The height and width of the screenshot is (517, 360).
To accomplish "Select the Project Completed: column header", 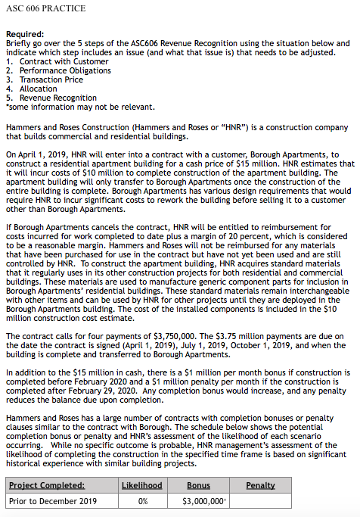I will [47, 484].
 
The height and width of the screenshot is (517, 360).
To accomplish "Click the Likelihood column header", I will [142, 484].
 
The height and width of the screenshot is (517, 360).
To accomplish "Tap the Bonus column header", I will [198, 484].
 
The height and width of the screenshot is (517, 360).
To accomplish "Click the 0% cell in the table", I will [142, 501].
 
